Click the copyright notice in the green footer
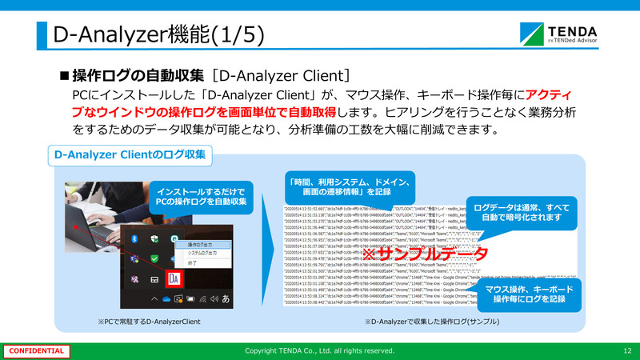point(319,350)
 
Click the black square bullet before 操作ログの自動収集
point(65,77)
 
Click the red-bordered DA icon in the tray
point(175,278)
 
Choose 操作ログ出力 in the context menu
point(202,244)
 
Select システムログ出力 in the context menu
point(204,253)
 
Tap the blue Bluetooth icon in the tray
point(136,239)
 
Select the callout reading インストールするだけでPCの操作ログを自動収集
point(202,197)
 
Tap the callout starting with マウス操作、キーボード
point(529,293)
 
